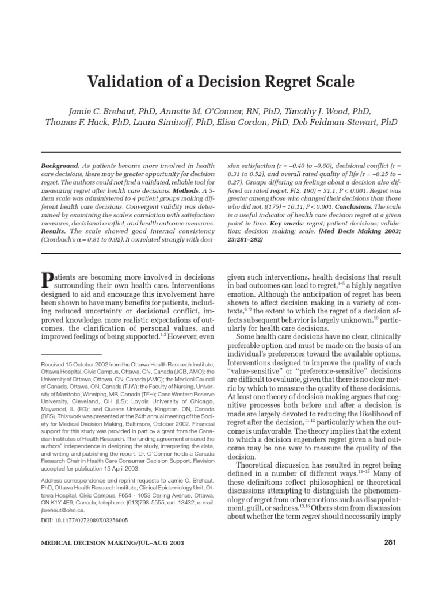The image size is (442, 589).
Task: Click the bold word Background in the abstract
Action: point(60,165)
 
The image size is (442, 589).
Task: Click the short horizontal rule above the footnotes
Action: point(72,355)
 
